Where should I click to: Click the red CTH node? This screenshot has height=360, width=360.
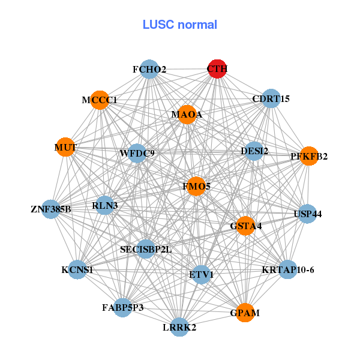217,69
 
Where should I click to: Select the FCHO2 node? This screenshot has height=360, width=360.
149,69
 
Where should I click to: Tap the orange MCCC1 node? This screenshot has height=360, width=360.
100,100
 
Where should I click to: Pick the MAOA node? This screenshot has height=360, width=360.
187,115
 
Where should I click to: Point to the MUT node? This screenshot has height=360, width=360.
65,147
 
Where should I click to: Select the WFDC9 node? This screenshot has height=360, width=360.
137,153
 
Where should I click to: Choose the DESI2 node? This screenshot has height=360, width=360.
254,151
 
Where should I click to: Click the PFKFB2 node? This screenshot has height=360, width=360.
308,156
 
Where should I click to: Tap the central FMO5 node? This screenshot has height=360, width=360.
197,187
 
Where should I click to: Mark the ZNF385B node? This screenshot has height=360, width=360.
51,209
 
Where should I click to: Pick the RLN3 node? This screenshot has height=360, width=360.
105,205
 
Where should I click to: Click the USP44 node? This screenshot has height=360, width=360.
307,214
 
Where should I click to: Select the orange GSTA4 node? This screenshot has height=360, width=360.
245,226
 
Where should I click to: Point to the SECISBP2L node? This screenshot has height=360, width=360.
146,248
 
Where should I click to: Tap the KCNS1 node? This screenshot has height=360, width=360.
77,269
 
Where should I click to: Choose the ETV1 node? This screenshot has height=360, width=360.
201,274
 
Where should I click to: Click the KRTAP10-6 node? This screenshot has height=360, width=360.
288,269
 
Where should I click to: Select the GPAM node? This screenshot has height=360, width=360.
245,313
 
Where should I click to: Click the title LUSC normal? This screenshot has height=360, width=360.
179,25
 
